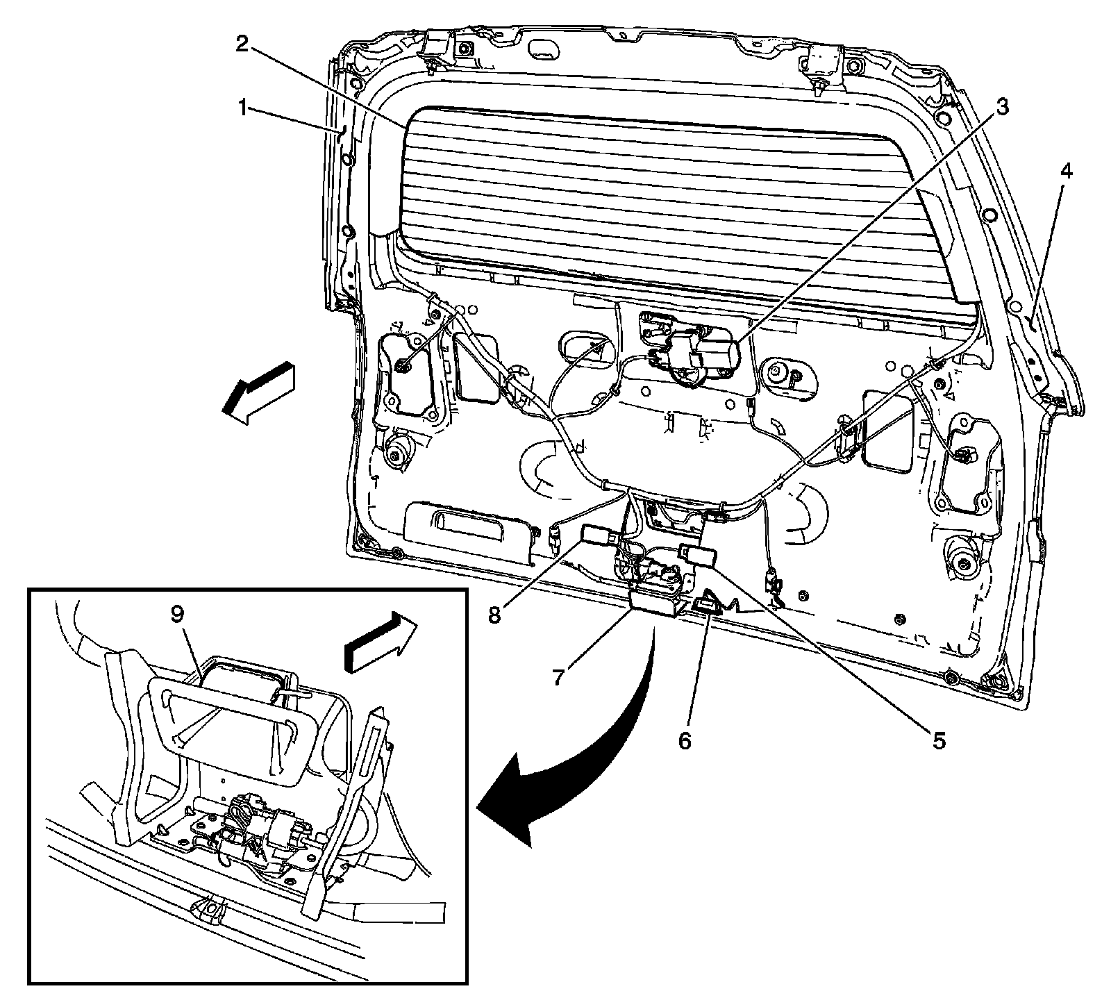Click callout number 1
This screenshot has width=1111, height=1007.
pyautogui.click(x=242, y=108)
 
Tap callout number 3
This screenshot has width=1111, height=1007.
pyautogui.click(x=1001, y=108)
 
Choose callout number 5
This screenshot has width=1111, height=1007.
pyautogui.click(x=938, y=741)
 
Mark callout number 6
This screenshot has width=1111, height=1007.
pyautogui.click(x=685, y=741)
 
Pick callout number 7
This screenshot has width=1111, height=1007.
pyautogui.click(x=559, y=677)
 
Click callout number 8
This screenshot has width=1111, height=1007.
pyautogui.click(x=494, y=615)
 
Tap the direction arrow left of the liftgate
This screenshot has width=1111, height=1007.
pyautogui.click(x=258, y=392)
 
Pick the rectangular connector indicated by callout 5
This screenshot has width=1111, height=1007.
pyautogui.click(x=698, y=554)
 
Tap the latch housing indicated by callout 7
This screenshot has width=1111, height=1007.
pyautogui.click(x=654, y=602)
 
